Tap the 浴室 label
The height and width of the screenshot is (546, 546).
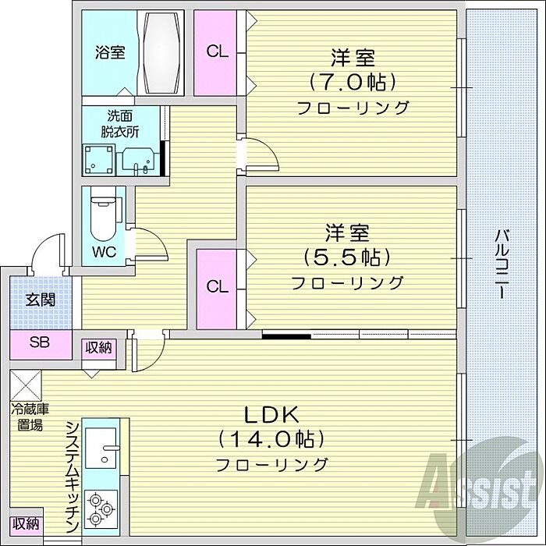coord(110,53)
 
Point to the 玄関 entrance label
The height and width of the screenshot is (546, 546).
coord(40,300)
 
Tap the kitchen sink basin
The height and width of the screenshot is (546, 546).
coord(101,451)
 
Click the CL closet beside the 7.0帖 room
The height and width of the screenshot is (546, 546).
coord(217,52)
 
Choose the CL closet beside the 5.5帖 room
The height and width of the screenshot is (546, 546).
coord(218,287)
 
